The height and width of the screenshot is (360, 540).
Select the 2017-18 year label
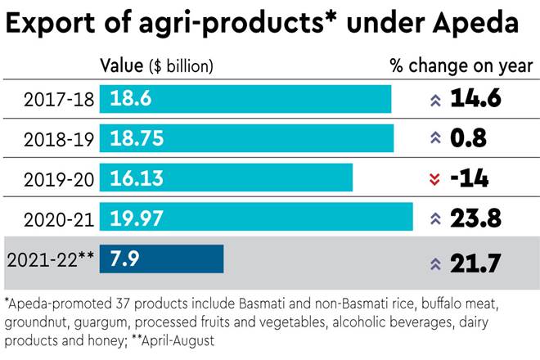click(x=58, y=100)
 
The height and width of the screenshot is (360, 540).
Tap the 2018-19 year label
click(x=58, y=139)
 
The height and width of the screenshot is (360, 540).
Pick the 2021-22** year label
click(x=51, y=260)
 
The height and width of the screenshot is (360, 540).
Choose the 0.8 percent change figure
click(x=468, y=139)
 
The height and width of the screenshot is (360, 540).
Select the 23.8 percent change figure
click(x=476, y=218)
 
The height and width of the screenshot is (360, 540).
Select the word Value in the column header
click(x=119, y=65)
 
